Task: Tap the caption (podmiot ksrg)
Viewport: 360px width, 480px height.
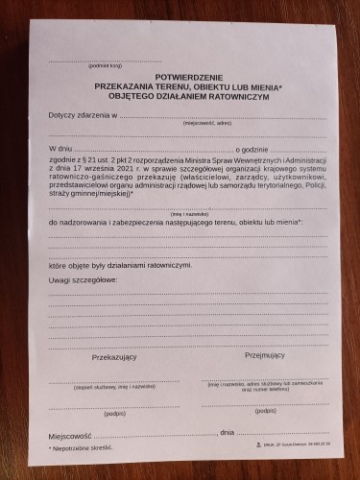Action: point(105,65)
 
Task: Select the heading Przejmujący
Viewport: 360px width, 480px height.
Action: point(266,354)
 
